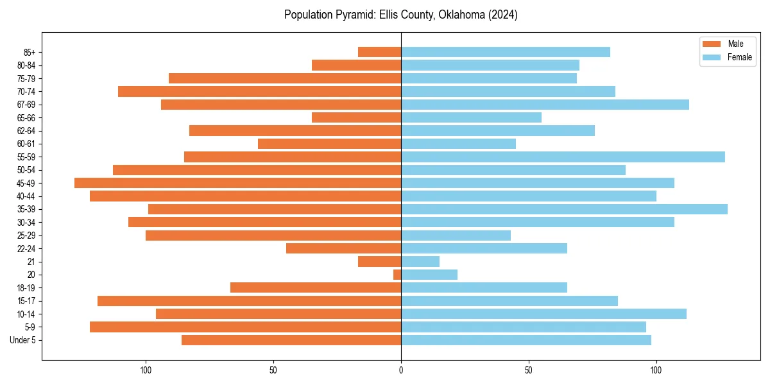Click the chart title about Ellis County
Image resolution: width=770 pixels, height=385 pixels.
[x=401, y=15]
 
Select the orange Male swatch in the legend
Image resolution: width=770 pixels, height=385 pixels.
[x=712, y=44]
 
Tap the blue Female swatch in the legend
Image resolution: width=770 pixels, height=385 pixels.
[x=712, y=57]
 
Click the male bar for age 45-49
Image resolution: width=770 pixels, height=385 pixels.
[x=237, y=183]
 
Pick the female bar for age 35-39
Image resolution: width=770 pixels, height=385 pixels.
[x=564, y=209]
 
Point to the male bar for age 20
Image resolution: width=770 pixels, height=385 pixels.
[x=397, y=275]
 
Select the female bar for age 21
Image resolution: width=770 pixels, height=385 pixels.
[x=420, y=261]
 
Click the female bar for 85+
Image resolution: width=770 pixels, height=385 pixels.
[x=506, y=52]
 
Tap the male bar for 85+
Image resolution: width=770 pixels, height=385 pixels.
[x=379, y=52]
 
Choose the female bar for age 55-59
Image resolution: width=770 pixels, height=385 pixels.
[x=563, y=157]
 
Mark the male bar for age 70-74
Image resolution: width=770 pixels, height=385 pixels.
[x=259, y=91]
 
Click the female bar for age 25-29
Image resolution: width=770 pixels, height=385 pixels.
[x=456, y=235]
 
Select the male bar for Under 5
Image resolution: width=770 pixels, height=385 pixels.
[x=291, y=340]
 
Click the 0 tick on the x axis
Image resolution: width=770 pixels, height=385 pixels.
[x=401, y=370]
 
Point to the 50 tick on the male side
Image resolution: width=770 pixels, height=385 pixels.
[x=273, y=370]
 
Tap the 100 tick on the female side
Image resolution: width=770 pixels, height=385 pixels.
[x=656, y=370]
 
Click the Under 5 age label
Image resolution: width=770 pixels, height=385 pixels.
[x=22, y=340]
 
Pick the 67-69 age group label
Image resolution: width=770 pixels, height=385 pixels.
[x=26, y=105]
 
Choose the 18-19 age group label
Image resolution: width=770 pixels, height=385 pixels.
[x=26, y=287]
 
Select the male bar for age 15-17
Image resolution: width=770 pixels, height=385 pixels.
[x=249, y=301]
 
